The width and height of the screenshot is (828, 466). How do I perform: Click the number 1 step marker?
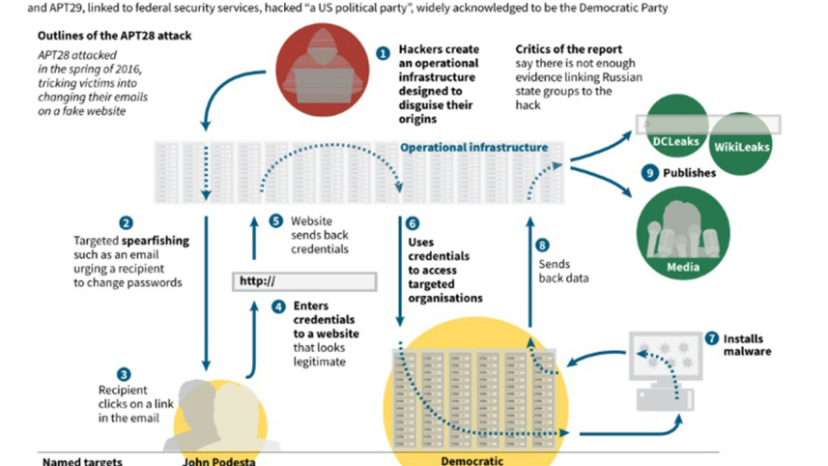point(383,53)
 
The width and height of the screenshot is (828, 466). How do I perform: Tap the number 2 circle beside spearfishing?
point(126,223)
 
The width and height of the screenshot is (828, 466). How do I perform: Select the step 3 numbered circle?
point(124,374)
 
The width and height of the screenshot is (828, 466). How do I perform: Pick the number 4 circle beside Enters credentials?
point(278,306)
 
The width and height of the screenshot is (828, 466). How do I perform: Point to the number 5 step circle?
point(275,220)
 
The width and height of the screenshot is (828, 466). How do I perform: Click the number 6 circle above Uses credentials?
point(413,223)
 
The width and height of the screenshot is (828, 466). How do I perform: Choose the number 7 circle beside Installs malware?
point(712,338)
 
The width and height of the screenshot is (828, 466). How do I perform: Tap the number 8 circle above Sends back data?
point(542,246)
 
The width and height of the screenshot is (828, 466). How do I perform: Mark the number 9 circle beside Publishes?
point(649,173)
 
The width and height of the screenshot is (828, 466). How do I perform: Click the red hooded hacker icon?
point(322,70)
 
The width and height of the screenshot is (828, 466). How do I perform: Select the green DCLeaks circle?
point(676,126)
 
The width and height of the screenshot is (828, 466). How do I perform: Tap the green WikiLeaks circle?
point(741,144)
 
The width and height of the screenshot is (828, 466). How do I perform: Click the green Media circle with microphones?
point(683,233)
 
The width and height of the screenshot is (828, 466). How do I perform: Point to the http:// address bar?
point(304,281)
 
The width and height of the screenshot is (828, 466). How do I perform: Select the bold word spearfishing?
point(156,241)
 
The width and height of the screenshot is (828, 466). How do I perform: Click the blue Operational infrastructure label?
point(473,147)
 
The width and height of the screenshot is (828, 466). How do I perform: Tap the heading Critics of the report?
point(569,49)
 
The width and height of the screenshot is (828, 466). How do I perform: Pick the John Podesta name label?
point(218,461)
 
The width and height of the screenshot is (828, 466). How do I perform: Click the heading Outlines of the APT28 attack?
point(115,36)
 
